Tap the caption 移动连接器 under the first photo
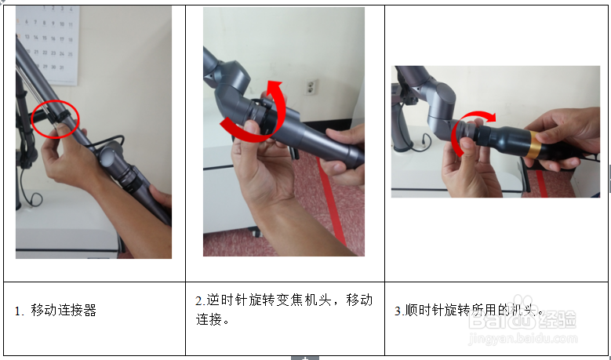(x=64, y=310)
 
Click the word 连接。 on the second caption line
(x=213, y=320)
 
